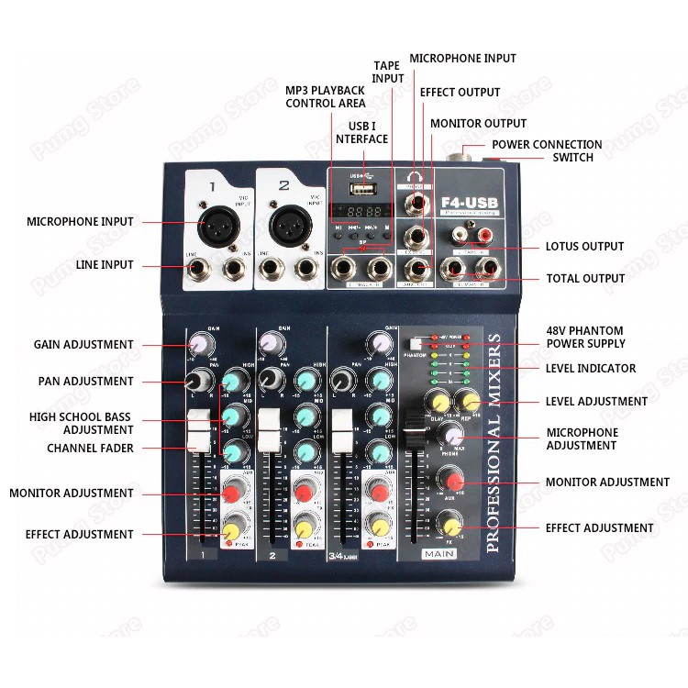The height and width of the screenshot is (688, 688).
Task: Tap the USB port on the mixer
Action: (364, 190)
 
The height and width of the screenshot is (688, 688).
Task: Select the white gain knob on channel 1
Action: (198, 344)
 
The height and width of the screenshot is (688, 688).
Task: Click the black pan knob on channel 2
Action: (269, 379)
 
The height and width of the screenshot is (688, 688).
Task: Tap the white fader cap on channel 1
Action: (198, 430)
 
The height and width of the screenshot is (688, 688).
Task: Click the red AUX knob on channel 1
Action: (233, 495)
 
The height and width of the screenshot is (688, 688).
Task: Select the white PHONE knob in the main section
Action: (450, 436)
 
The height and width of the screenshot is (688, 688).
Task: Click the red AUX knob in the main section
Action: (449, 480)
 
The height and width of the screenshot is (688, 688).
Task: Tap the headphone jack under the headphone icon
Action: (418, 200)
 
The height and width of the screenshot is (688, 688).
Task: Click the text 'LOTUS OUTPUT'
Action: (584, 246)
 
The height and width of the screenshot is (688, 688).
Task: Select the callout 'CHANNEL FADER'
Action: (90, 449)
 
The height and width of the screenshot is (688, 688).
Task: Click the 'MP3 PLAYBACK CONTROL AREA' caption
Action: (326, 97)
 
